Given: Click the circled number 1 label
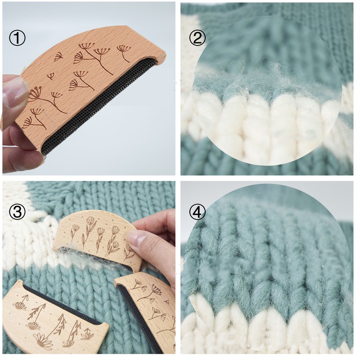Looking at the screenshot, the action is point(17,38).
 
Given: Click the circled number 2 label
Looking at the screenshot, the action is point(198,38).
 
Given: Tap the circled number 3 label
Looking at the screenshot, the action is point(17,211).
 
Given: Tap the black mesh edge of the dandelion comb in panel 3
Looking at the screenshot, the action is point(138,319).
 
